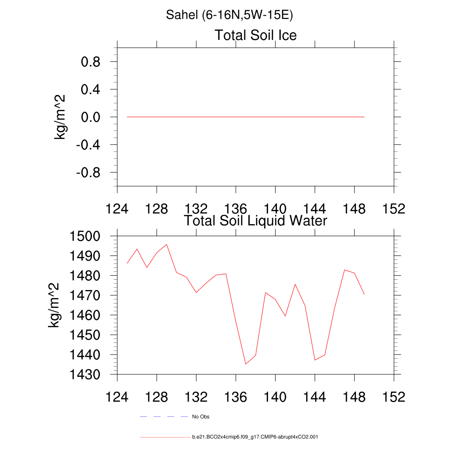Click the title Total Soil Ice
point(255,35)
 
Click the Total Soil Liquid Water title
point(255,221)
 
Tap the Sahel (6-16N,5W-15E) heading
point(229,15)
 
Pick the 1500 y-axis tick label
point(86,236)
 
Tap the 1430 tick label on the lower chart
point(86,374)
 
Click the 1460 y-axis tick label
point(86,315)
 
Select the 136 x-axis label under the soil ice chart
point(236,209)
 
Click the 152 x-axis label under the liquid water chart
point(394,398)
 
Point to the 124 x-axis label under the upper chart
point(117,209)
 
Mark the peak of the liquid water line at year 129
point(167,244)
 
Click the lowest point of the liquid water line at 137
point(246,364)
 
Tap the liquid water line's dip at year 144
point(315,360)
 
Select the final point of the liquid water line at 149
point(364,294)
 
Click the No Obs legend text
point(201,417)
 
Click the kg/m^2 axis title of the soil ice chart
point(60,117)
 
